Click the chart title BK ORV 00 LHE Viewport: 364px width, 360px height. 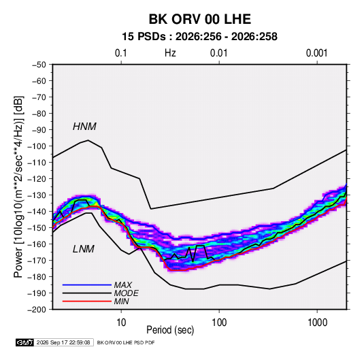pos(199,19)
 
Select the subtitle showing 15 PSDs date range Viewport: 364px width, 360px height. pos(199,37)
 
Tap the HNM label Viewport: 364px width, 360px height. pos(84,127)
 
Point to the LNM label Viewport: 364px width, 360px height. pos(84,249)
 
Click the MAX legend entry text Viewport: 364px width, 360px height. pos(122,285)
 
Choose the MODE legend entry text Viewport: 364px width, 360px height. pos(127,293)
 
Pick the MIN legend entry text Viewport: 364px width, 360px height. pos(121,301)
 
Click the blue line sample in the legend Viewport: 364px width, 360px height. pos(87,285)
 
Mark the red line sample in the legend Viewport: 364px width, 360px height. pos(87,301)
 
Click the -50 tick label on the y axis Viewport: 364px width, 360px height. pos(39,65)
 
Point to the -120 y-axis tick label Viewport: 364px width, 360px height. pos(37,179)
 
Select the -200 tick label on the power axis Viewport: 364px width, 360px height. pos(37,310)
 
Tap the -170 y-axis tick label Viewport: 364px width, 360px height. pos(37,261)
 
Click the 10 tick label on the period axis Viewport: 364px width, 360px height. pos(121,323)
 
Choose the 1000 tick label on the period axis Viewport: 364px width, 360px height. pos(317,323)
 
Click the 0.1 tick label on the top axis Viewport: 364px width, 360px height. pos(121,53)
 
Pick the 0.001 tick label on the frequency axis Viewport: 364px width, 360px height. pos(316,53)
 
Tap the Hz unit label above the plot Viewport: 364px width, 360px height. pos(170,53)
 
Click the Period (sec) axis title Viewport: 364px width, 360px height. pos(170,330)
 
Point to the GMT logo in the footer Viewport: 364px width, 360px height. pos(24,342)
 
